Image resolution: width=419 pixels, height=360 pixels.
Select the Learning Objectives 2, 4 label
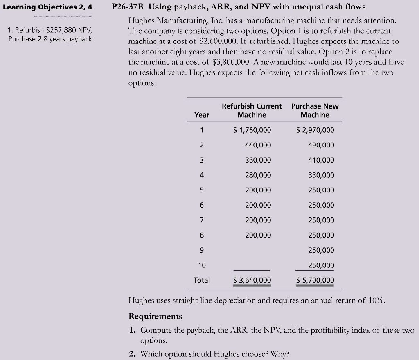pyautogui.click(x=47, y=7)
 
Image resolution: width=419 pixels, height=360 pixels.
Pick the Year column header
pyautogui.click(x=202, y=115)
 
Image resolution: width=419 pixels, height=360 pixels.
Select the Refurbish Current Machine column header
pyautogui.click(x=252, y=111)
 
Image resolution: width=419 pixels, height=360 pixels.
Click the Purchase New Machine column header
pyautogui.click(x=315, y=111)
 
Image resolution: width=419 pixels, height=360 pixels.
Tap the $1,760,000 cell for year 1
pyautogui.click(x=252, y=130)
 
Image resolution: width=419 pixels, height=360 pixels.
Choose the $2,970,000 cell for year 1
pyautogui.click(x=315, y=130)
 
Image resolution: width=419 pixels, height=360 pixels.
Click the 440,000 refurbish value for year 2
pyautogui.click(x=258, y=145)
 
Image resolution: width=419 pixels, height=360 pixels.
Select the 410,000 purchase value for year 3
pyautogui.click(x=321, y=160)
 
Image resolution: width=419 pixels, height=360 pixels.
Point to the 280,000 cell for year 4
pyautogui.click(x=258, y=175)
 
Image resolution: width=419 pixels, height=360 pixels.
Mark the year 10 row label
pyautogui.click(x=202, y=265)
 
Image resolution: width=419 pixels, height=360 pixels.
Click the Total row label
pyautogui.click(x=202, y=280)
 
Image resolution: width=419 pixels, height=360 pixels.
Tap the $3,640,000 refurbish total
pyautogui.click(x=252, y=280)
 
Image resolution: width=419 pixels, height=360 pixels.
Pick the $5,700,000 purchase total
pyautogui.click(x=315, y=280)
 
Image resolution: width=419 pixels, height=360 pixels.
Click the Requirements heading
pyautogui.click(x=155, y=316)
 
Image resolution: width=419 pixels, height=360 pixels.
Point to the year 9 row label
pyautogui.click(x=202, y=250)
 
